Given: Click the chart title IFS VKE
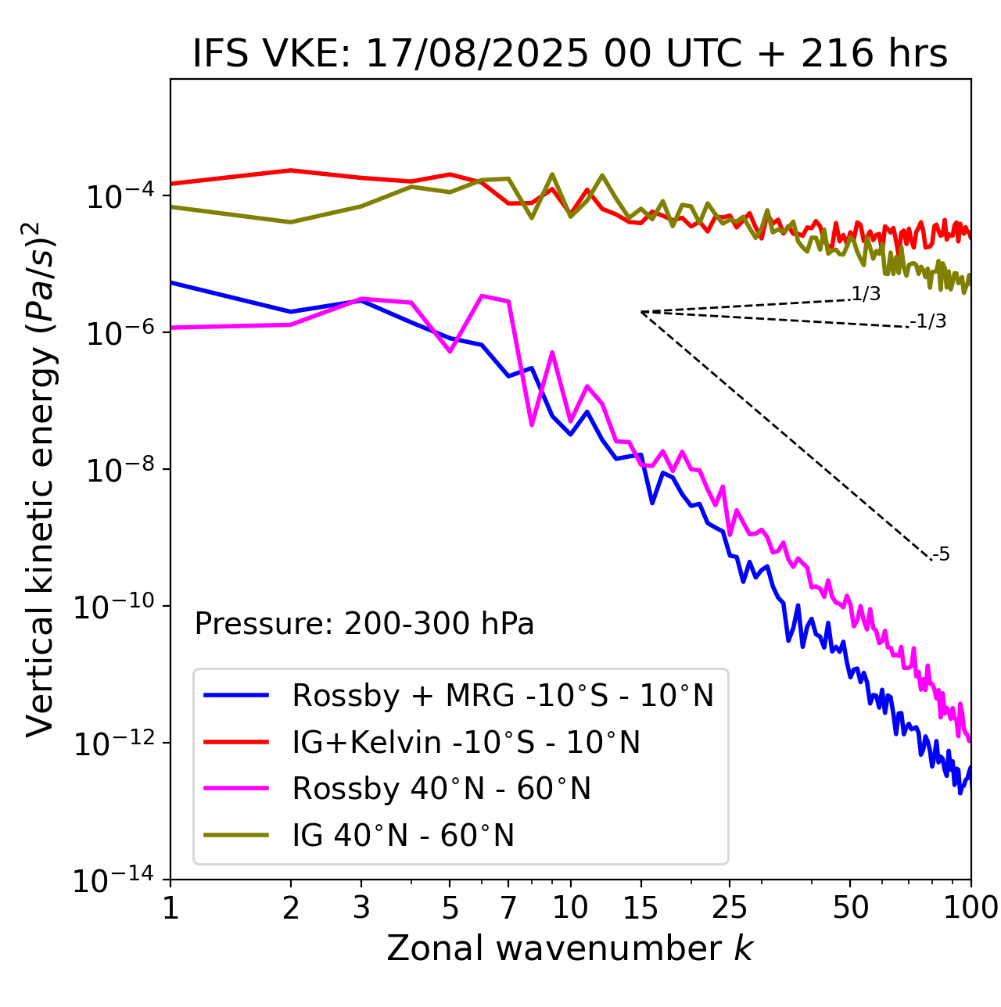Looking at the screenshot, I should (569, 53).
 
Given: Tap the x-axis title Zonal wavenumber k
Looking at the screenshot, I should (569, 948).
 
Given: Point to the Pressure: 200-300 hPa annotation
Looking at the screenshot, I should (364, 624).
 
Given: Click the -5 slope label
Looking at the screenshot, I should (941, 555).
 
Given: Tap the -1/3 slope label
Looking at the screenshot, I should (928, 321).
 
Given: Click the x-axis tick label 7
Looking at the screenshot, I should (508, 908).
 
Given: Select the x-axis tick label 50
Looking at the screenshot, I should (850, 908).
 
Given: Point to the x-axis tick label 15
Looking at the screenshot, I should (640, 908).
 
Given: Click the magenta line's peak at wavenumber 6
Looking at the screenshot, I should (482, 296).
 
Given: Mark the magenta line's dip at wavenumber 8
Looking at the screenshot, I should (532, 425).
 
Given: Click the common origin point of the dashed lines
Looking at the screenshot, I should (641, 312).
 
